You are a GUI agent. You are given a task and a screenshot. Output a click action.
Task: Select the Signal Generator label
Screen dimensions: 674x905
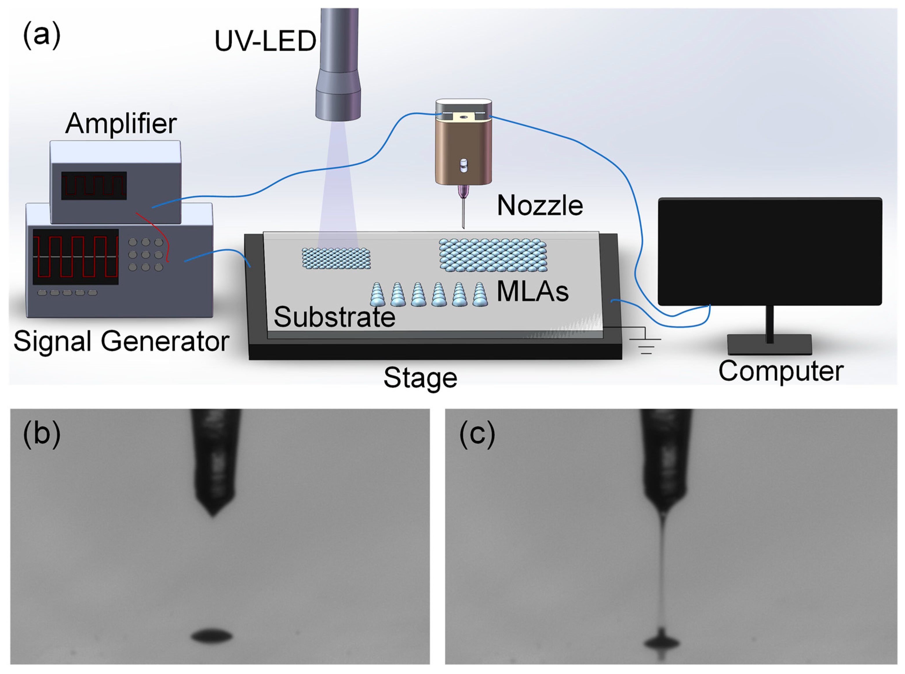pos(121,341)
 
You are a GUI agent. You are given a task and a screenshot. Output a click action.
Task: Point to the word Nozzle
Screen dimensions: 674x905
pos(540,205)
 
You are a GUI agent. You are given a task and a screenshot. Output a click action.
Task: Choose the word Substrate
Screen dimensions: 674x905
pos(334,317)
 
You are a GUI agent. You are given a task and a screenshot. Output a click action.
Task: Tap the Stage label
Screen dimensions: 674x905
pos(420,378)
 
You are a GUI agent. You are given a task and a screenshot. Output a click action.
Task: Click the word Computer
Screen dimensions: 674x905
pos(780,371)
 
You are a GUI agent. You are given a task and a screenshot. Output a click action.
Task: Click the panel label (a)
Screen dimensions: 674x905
pos(42,36)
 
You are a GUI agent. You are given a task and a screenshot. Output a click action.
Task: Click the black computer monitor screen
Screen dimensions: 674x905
pos(769,251)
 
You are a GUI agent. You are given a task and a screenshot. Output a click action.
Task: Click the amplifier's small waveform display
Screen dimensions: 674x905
pos(94,186)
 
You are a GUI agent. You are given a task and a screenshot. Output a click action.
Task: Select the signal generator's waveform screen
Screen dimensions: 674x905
pos(76,257)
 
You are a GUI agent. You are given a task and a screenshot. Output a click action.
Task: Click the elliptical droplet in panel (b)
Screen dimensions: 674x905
pos(212,636)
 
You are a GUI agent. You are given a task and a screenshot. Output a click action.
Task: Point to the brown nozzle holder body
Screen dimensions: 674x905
pos(463,153)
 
